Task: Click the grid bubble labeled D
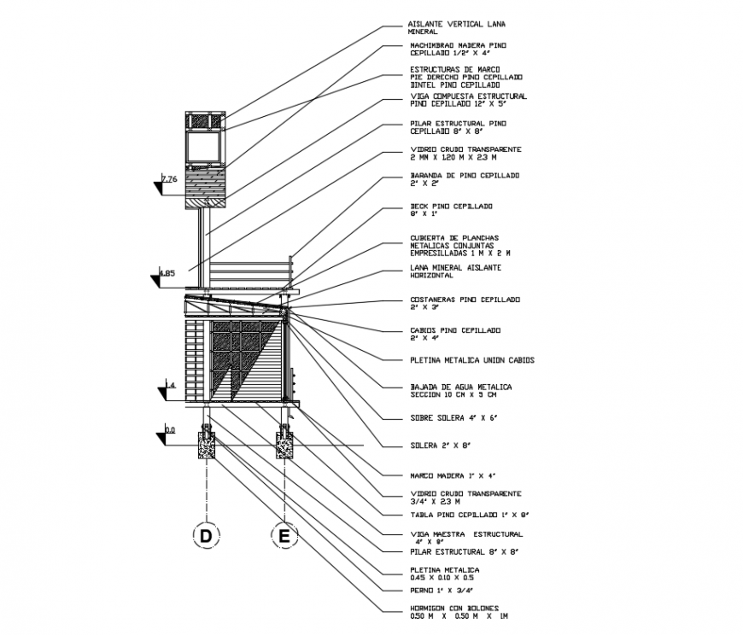coord(205,536)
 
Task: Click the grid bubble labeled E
coord(284,536)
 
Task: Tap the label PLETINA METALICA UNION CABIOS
coord(471,360)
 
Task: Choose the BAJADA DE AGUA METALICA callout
coord(460,390)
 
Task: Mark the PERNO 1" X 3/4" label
coord(441,590)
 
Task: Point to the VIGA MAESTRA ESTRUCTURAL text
coord(465,538)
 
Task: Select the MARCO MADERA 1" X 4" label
coord(452,475)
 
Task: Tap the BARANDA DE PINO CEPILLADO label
coord(464,179)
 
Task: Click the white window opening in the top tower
coord(204,147)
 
